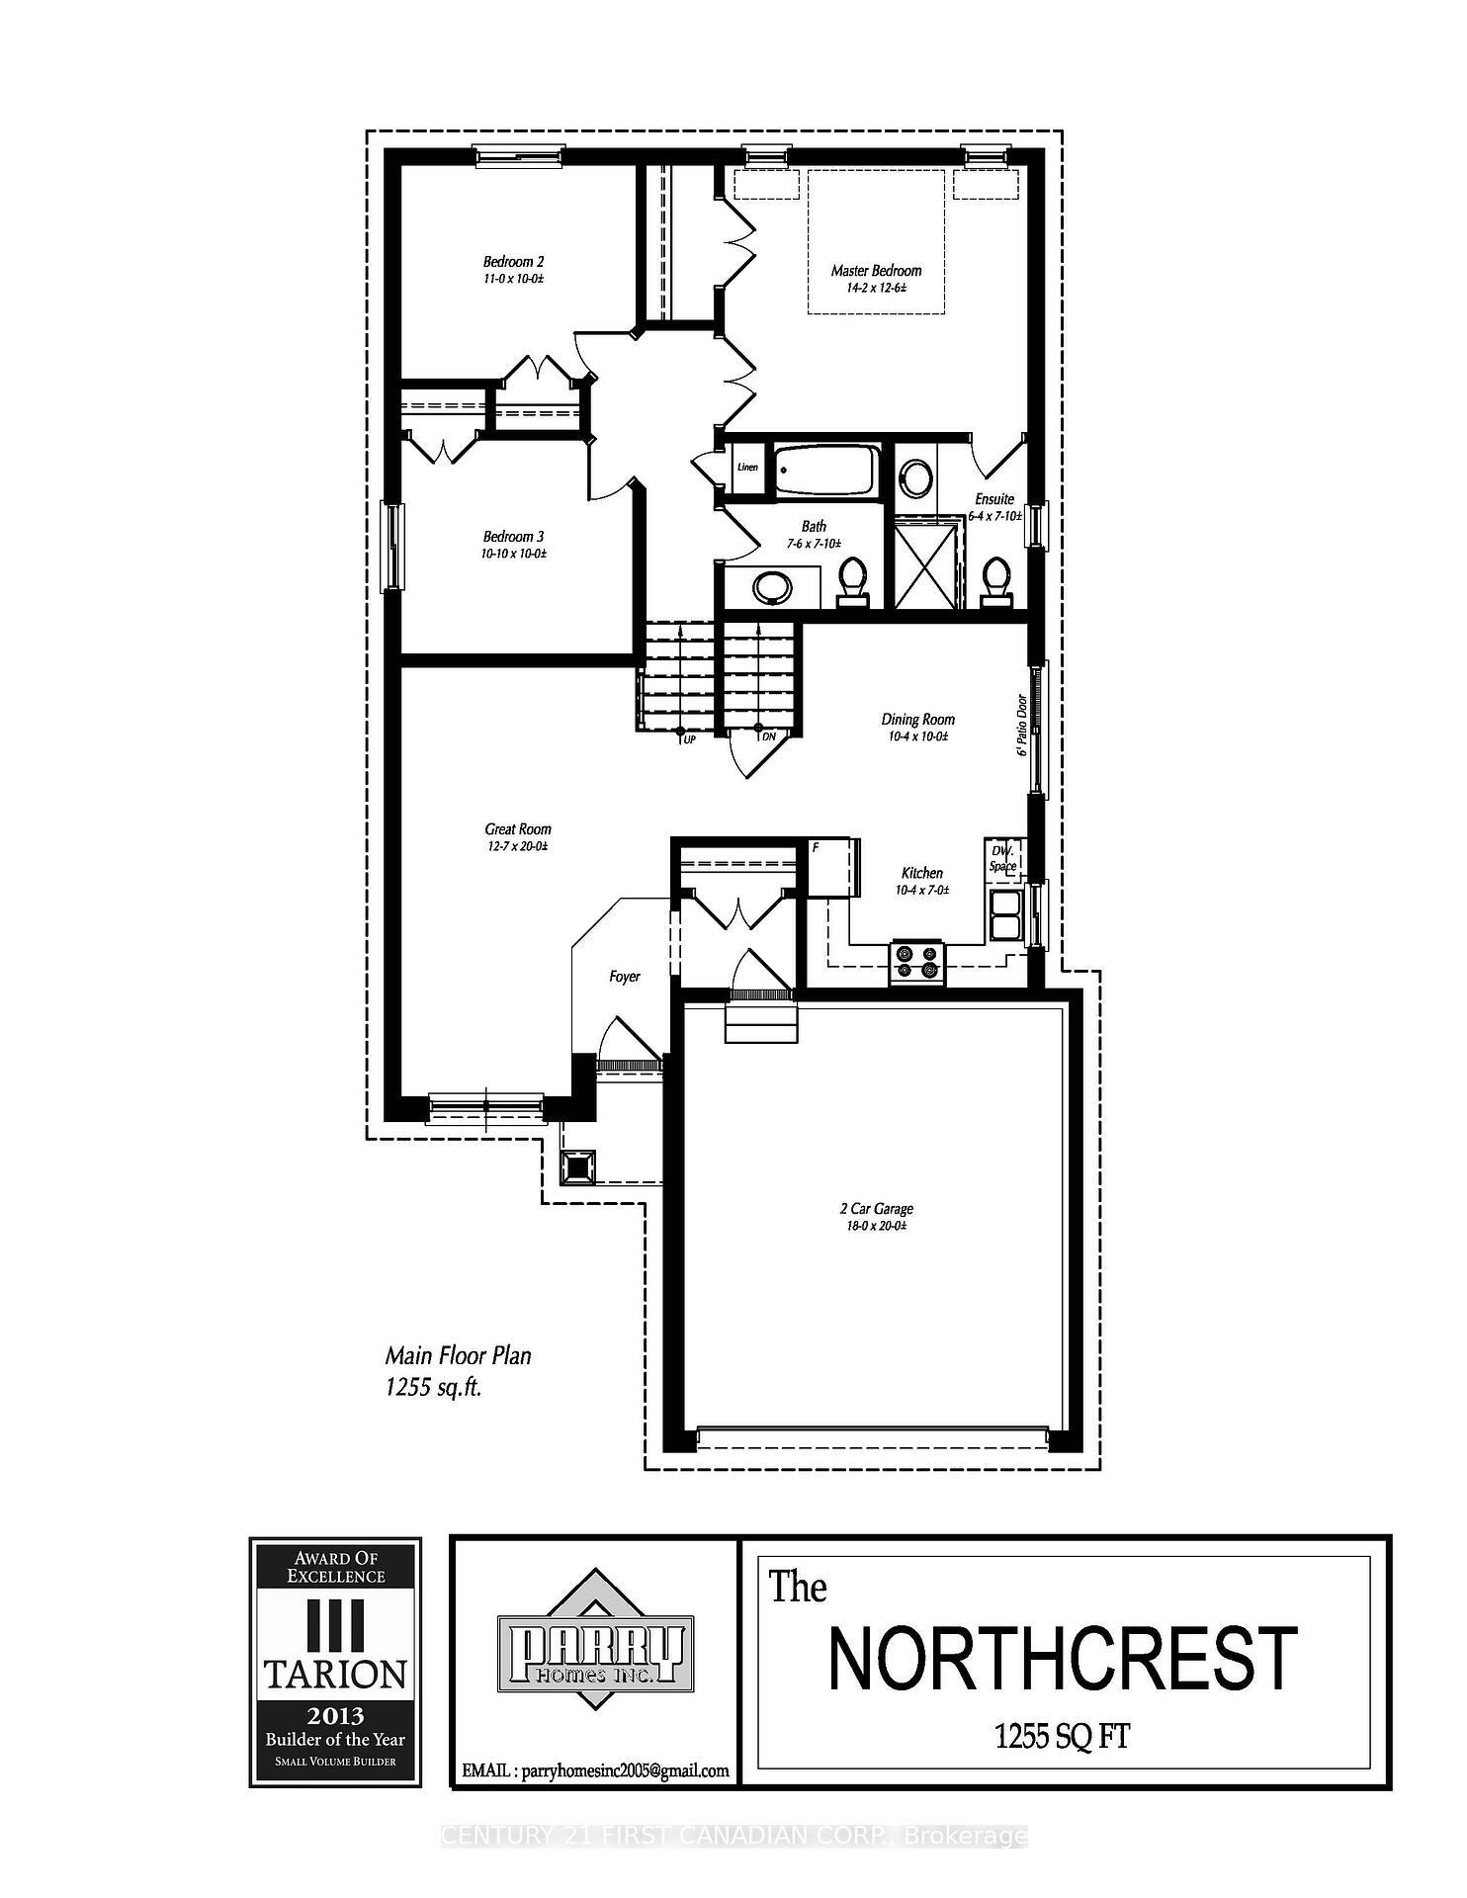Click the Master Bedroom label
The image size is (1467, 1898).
coord(876,271)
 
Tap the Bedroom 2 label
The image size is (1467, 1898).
coord(513,262)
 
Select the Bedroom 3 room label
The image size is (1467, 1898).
coord(513,537)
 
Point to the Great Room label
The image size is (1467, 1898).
coord(518,829)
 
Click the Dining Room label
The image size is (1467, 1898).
coord(918,720)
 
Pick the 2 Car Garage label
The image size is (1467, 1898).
coord(876,1208)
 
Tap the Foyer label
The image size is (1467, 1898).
coord(625,977)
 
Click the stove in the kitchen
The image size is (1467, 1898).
coord(918,961)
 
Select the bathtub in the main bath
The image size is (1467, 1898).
coord(825,472)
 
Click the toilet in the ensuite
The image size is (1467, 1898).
coord(995,579)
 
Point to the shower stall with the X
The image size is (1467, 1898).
coord(927,566)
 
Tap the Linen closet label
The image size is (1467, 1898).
coord(747,467)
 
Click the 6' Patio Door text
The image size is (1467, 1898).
coord(1023,725)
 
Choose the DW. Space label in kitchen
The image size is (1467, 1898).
coord(1003,858)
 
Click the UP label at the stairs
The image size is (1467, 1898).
coord(689,738)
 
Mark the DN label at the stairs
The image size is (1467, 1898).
coord(768,737)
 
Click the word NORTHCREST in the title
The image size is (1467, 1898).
coord(1062,1659)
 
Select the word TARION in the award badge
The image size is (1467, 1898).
coord(335,1674)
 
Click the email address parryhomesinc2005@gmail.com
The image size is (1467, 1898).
coord(595,1770)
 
